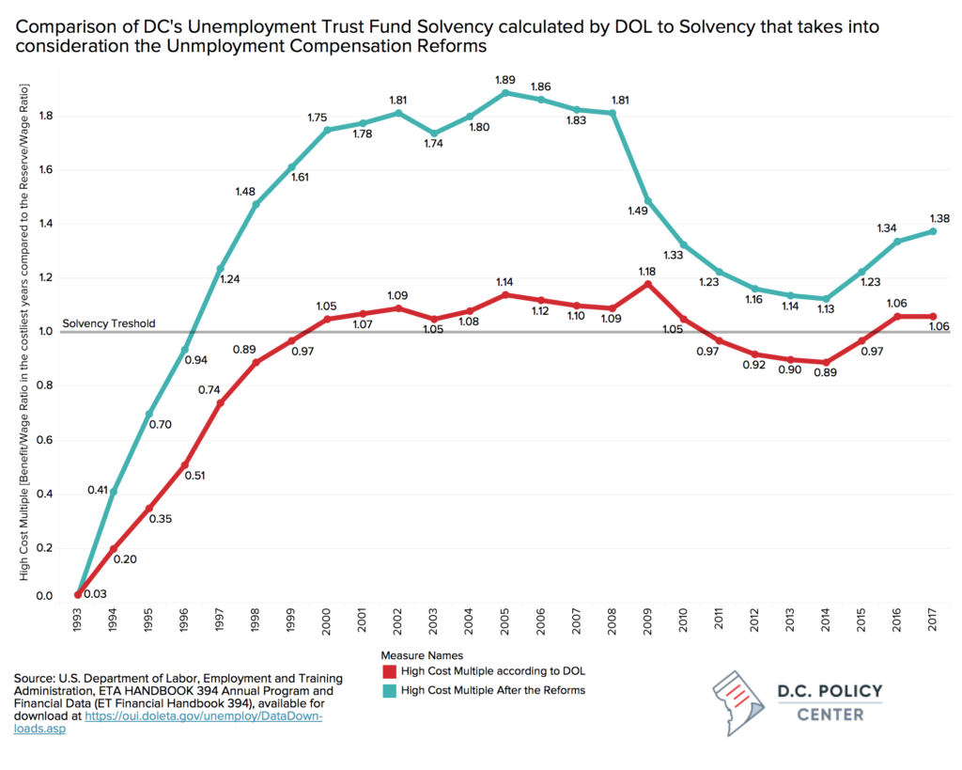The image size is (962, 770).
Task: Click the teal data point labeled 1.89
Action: [505, 92]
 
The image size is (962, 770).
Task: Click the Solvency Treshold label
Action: [109, 324]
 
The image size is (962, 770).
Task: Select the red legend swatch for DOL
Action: [387, 671]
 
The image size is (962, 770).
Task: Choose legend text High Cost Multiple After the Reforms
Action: [492, 690]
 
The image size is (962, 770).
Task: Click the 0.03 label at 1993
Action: [94, 594]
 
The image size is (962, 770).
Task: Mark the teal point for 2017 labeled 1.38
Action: [933, 231]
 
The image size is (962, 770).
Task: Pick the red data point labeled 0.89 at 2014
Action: [825, 363]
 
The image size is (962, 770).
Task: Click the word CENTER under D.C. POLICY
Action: [830, 715]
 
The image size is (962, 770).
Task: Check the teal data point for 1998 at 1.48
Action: [256, 205]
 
